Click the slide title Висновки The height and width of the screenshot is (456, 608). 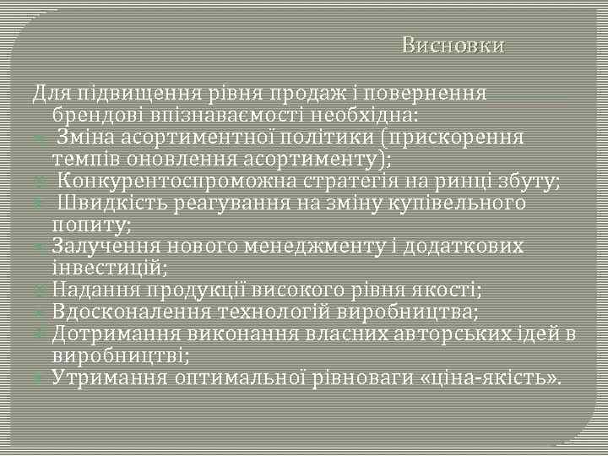[453, 46]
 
